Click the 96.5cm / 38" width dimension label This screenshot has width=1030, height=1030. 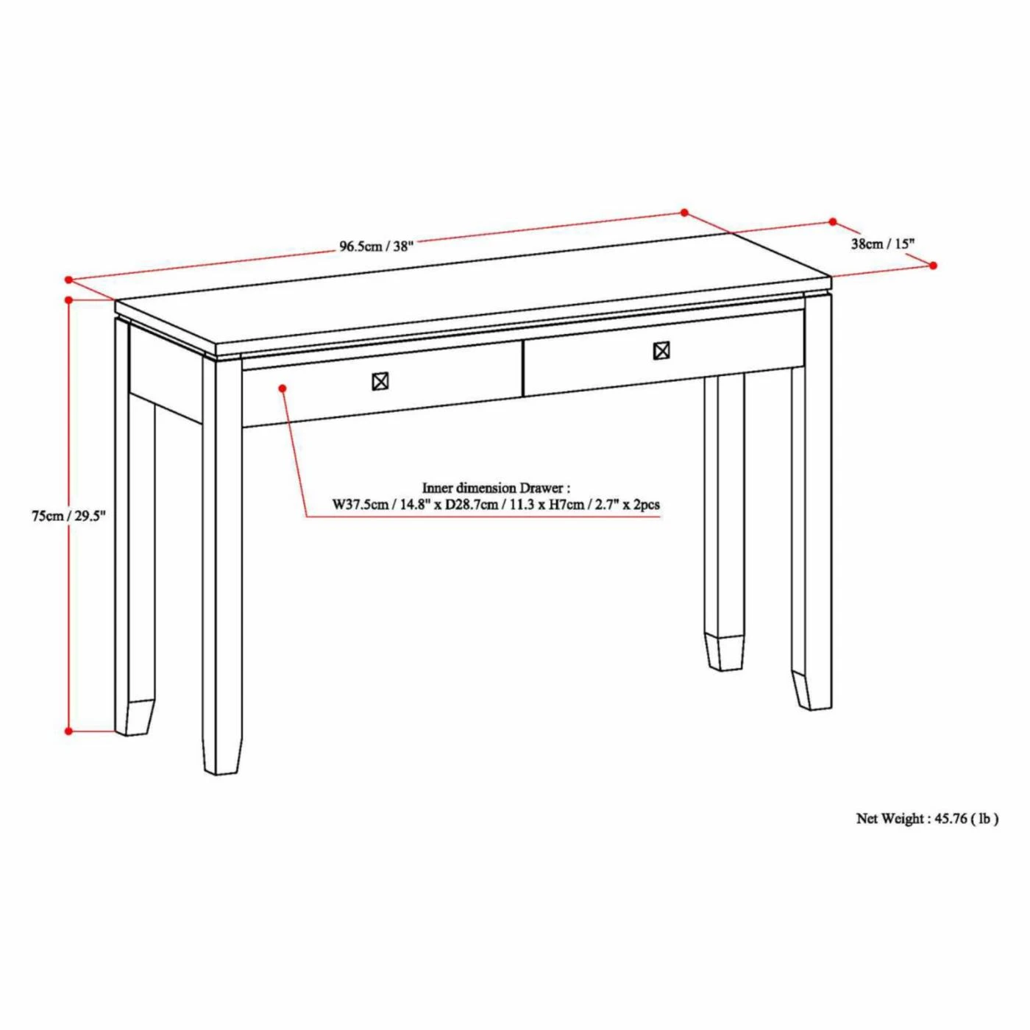coord(376,247)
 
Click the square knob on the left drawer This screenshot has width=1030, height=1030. coord(380,381)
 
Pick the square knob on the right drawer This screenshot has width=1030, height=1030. coord(661,351)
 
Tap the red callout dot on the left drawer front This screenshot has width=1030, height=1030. coord(283,387)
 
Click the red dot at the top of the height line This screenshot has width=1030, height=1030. coord(68,300)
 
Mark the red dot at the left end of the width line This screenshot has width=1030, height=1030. coord(68,279)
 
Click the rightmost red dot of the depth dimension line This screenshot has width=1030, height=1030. coord(934,265)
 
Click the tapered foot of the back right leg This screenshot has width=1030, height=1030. coord(725,651)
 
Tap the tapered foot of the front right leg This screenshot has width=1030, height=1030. coord(811,690)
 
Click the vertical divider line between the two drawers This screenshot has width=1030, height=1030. coord(522,369)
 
